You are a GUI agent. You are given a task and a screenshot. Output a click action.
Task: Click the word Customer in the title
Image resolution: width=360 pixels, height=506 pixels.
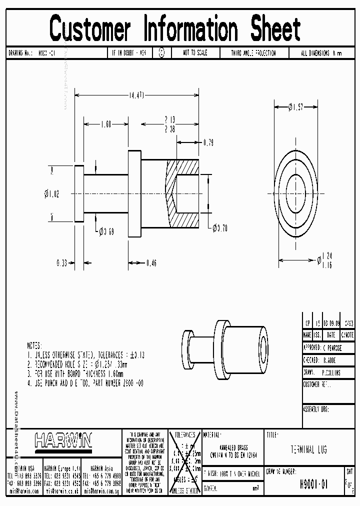click(90, 29)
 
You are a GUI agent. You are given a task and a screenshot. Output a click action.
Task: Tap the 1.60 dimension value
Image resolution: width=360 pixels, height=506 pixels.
click(105, 125)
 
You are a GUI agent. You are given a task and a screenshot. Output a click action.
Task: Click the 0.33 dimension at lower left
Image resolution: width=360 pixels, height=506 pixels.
click(62, 262)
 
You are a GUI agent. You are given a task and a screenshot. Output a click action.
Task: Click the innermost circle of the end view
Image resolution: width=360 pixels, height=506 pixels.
click(296, 192)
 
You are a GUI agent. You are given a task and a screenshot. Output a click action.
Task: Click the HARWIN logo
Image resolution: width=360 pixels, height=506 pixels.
click(63, 440)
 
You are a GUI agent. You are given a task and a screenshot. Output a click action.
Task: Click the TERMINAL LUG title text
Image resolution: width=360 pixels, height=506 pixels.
click(309, 450)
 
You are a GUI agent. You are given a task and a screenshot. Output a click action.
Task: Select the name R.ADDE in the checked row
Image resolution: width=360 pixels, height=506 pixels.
click(329, 359)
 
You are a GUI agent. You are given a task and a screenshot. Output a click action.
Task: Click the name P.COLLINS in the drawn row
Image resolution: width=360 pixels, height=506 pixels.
click(331, 372)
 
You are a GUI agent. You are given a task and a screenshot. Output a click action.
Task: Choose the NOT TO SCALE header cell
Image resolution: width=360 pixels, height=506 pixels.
click(194, 53)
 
